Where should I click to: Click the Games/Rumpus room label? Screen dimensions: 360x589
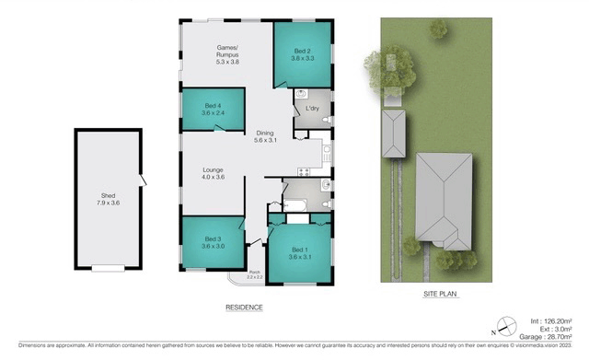(x=226, y=54)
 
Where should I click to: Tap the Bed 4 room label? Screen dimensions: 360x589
(x=213, y=110)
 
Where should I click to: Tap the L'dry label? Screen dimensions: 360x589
(x=312, y=110)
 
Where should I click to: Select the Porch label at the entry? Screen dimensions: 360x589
(x=255, y=274)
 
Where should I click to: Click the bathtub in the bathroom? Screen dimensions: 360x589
(x=297, y=205)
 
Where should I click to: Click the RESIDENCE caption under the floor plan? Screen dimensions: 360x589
(x=245, y=307)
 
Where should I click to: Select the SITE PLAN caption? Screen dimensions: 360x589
(x=441, y=295)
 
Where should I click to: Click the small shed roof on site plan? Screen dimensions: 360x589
(x=394, y=134)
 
